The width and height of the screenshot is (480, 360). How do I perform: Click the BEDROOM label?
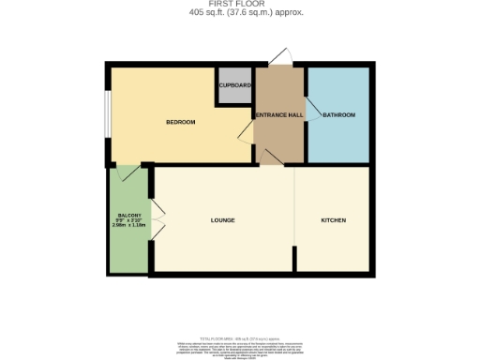180,122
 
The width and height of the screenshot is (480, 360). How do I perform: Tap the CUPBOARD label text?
234,85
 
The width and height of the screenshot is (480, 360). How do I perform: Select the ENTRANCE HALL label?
279,114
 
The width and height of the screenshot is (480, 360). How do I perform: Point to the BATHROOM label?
338,114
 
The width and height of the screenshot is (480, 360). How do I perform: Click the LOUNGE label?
222,220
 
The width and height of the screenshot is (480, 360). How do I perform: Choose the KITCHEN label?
334,220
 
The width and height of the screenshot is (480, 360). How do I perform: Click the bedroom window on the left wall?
109,116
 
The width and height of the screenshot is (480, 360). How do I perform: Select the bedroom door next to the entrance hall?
245,141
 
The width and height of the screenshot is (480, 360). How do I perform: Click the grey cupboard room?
234,84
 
